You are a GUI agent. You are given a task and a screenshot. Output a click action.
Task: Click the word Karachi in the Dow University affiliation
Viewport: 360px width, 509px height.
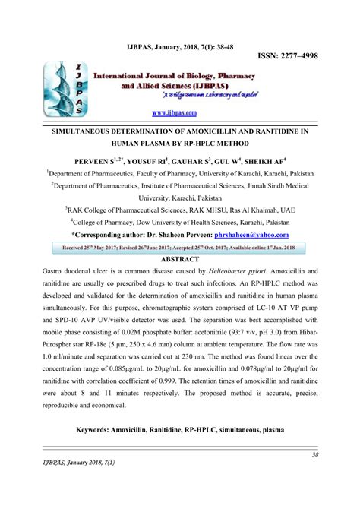pos(245,221)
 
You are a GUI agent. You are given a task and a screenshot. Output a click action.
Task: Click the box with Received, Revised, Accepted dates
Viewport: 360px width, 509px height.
pos(180,248)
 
